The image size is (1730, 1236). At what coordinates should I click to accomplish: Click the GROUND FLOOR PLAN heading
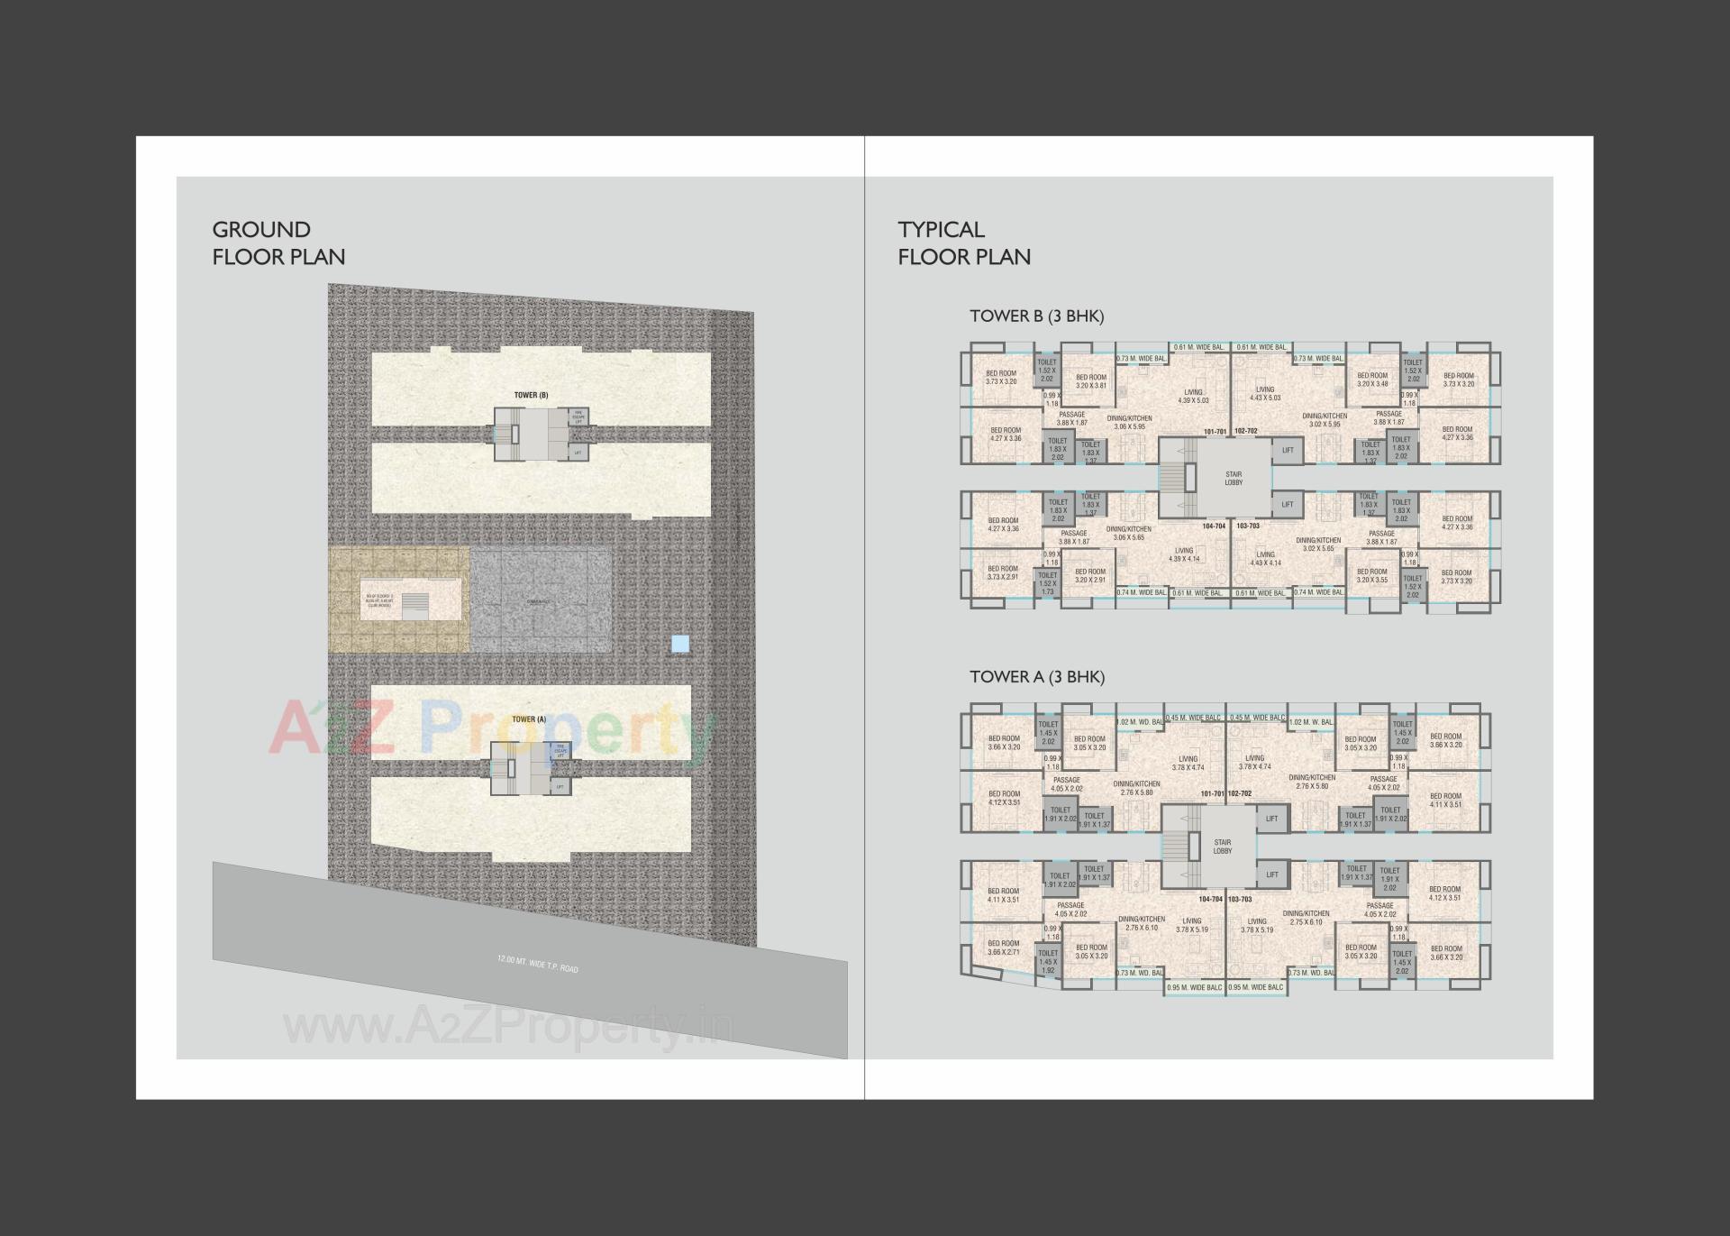tap(278, 243)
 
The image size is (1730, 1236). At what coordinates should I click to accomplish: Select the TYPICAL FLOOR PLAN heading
tap(963, 243)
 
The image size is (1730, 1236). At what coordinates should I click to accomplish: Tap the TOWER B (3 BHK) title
tap(1036, 316)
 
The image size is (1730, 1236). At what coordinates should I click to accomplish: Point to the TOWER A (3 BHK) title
tap(1036, 677)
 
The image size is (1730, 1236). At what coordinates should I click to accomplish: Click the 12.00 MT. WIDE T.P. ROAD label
tap(537, 963)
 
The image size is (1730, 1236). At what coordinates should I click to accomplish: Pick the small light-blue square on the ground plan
tap(680, 644)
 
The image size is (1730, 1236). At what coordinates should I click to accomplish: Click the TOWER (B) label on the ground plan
tap(531, 395)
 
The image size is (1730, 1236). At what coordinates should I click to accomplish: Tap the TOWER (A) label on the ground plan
tap(529, 719)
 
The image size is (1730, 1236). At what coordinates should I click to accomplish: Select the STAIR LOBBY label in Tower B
tap(1234, 478)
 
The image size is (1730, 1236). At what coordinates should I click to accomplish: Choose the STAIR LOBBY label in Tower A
tap(1222, 847)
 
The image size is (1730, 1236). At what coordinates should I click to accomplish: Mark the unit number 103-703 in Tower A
tap(1240, 900)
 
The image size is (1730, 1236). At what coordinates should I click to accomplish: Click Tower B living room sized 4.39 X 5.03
tap(1193, 397)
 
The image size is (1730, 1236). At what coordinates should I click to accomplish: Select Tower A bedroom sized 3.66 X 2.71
tap(1003, 948)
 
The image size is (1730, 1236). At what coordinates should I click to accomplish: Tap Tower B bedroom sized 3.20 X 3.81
tap(1090, 381)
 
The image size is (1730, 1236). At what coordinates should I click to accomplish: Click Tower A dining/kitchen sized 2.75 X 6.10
tap(1306, 918)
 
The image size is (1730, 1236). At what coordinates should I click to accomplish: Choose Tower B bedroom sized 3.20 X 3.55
tap(1371, 576)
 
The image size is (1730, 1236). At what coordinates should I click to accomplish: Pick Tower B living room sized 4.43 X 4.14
tap(1265, 559)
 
